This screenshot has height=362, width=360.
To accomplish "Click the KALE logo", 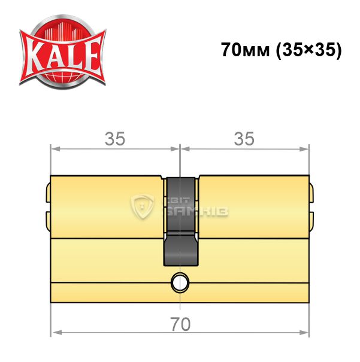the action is point(62,52).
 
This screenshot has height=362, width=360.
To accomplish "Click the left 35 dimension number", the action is point(115,139).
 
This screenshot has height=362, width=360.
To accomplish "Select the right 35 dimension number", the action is point(244,139).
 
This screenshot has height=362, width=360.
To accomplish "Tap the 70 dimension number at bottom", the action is point(180,324).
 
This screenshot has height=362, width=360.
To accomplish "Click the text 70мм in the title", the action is point(246,50).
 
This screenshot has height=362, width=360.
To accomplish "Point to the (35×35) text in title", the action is point(309,50).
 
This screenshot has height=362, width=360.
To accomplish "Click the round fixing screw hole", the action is point(180,282).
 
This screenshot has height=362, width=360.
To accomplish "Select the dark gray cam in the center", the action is point(181,221).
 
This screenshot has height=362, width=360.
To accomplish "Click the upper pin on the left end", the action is point(48,193).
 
